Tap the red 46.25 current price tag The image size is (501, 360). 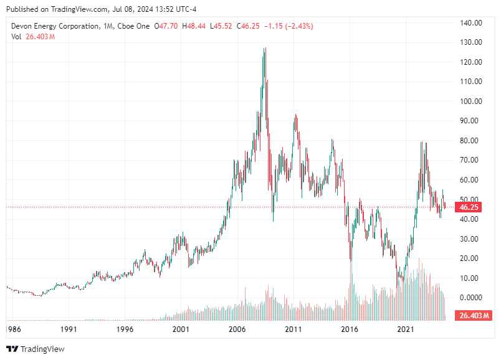click(469, 207)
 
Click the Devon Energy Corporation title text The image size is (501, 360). click(55, 26)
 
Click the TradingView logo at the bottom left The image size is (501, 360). click(36, 349)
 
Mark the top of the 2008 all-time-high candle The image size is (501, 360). click(266, 48)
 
